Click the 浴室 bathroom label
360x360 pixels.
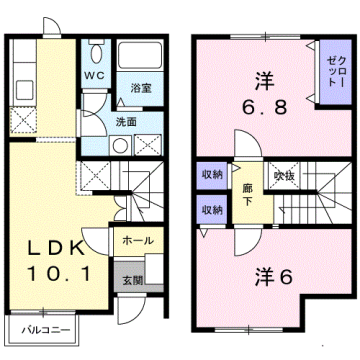pos(141,89)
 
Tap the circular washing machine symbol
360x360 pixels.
pos(121,144)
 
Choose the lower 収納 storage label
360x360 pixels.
pos(211,210)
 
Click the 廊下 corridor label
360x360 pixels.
pos(247,194)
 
